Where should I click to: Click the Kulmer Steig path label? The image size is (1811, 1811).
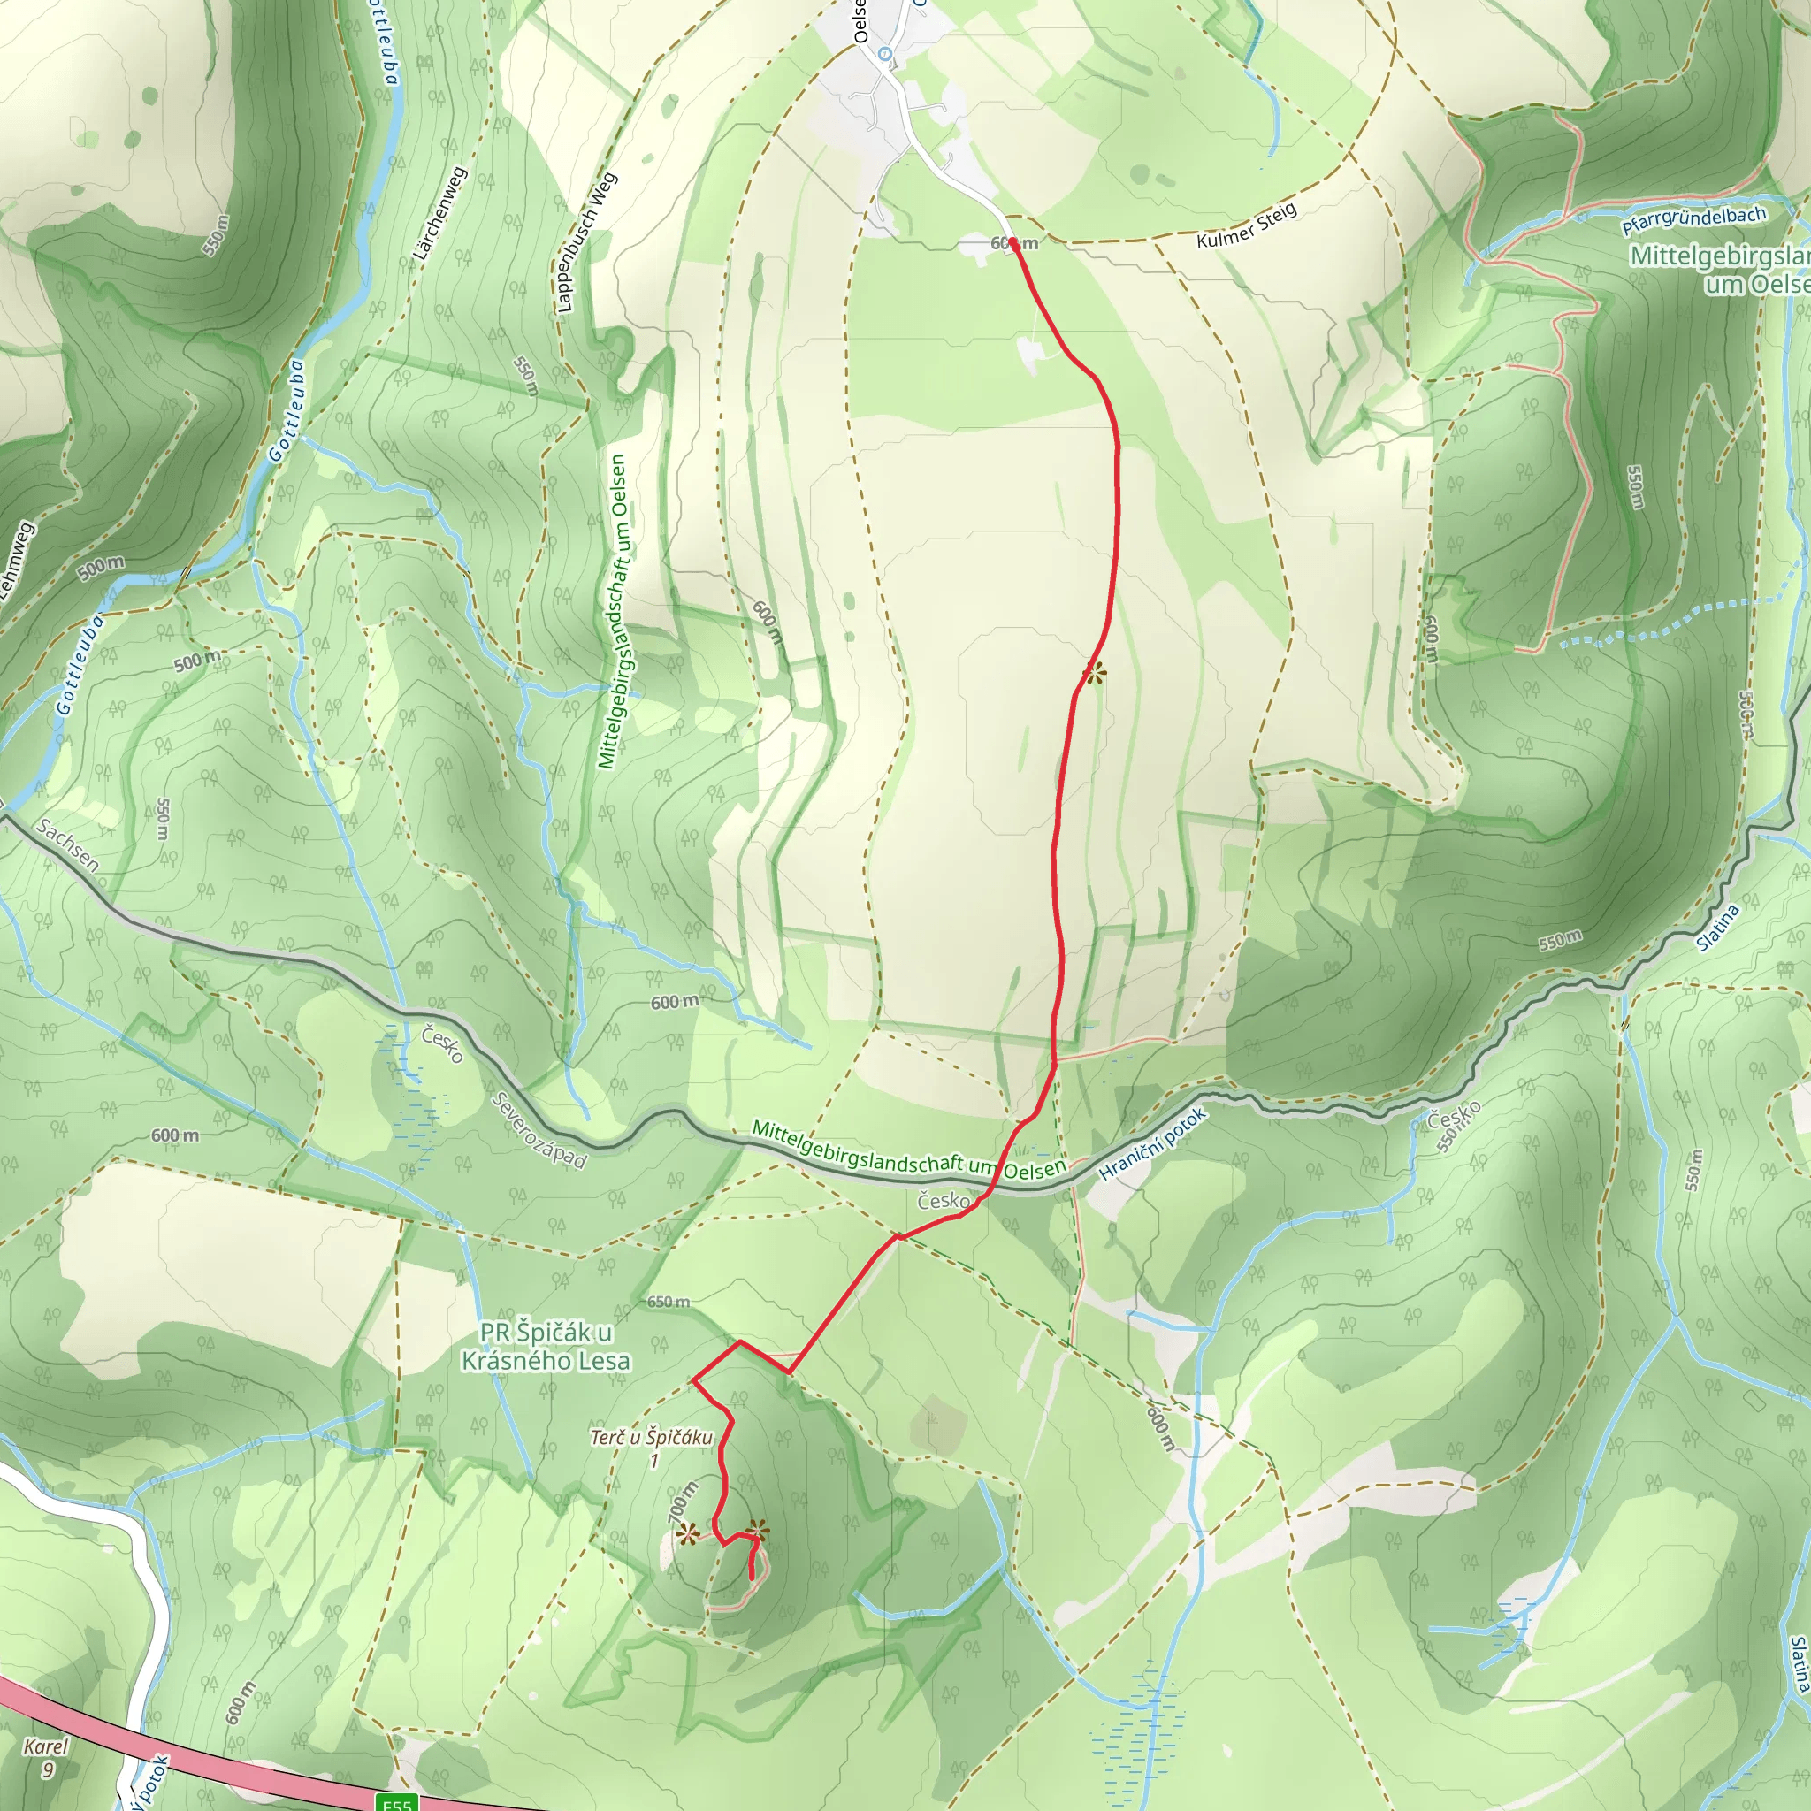pos(1246,225)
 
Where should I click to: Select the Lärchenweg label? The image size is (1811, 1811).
pos(439,214)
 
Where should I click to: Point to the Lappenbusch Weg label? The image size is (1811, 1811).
pos(587,241)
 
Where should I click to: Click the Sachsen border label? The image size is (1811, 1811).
pos(67,844)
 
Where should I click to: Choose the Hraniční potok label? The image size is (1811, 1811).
pos(1152,1143)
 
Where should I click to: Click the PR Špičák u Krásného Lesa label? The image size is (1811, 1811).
pos(546,1346)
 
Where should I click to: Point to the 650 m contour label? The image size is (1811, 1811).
pos(669,1302)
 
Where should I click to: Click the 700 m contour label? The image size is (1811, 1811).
pos(684,1502)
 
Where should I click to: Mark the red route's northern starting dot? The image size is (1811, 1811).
pos(1013,244)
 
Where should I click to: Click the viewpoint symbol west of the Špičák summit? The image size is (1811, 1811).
pos(688,1534)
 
